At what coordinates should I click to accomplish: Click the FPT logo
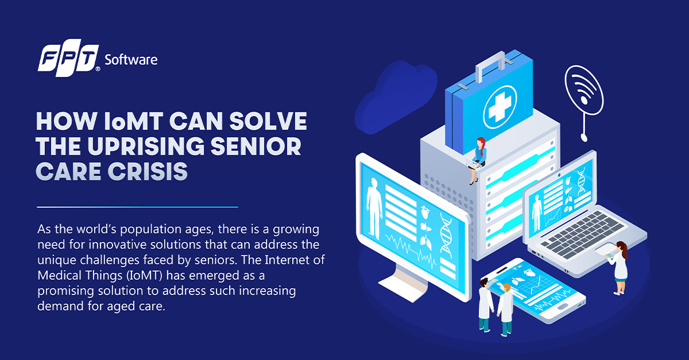point(69,57)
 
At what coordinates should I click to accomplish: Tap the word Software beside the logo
point(131,60)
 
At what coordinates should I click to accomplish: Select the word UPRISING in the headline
point(146,146)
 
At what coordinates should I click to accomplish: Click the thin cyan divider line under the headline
point(137,207)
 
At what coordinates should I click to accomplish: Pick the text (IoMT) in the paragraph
point(144,276)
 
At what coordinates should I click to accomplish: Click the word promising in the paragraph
point(65,291)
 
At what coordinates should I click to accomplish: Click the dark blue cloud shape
point(395,97)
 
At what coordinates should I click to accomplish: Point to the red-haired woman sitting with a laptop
point(477,161)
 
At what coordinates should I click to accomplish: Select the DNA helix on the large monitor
point(446,235)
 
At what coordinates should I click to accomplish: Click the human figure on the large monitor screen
point(374,207)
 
